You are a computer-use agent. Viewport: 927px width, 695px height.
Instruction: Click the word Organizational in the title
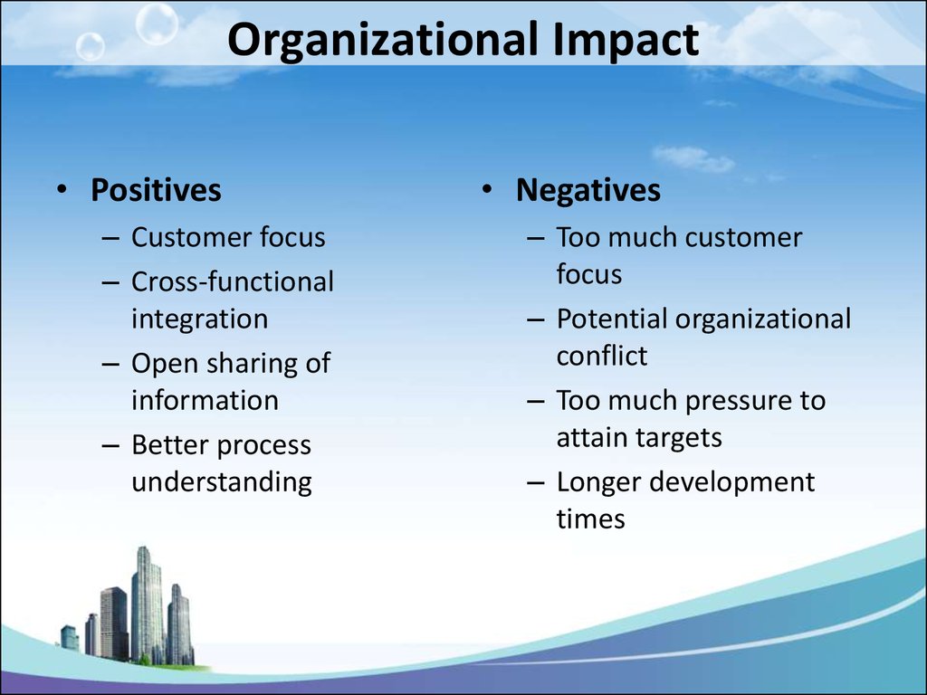pos(383,40)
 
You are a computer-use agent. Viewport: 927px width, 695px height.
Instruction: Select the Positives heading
pos(156,190)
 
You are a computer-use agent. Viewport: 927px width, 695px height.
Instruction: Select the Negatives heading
pos(588,190)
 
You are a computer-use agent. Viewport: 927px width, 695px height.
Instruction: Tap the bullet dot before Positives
pos(62,189)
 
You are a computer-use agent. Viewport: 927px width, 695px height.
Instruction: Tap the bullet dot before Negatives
pos(486,189)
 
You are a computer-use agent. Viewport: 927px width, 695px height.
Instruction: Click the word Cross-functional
pos(233,281)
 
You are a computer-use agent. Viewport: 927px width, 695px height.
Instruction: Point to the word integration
pos(200,319)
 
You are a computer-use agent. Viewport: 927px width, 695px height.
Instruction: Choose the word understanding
pos(222,481)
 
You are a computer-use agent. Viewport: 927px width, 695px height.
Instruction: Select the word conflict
pos(602,356)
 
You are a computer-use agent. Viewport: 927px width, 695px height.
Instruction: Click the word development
pos(731,481)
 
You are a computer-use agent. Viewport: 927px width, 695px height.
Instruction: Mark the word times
pos(590,519)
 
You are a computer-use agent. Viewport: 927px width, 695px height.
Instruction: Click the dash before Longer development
pos(536,482)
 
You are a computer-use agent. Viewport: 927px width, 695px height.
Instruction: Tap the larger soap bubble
pos(157,23)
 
